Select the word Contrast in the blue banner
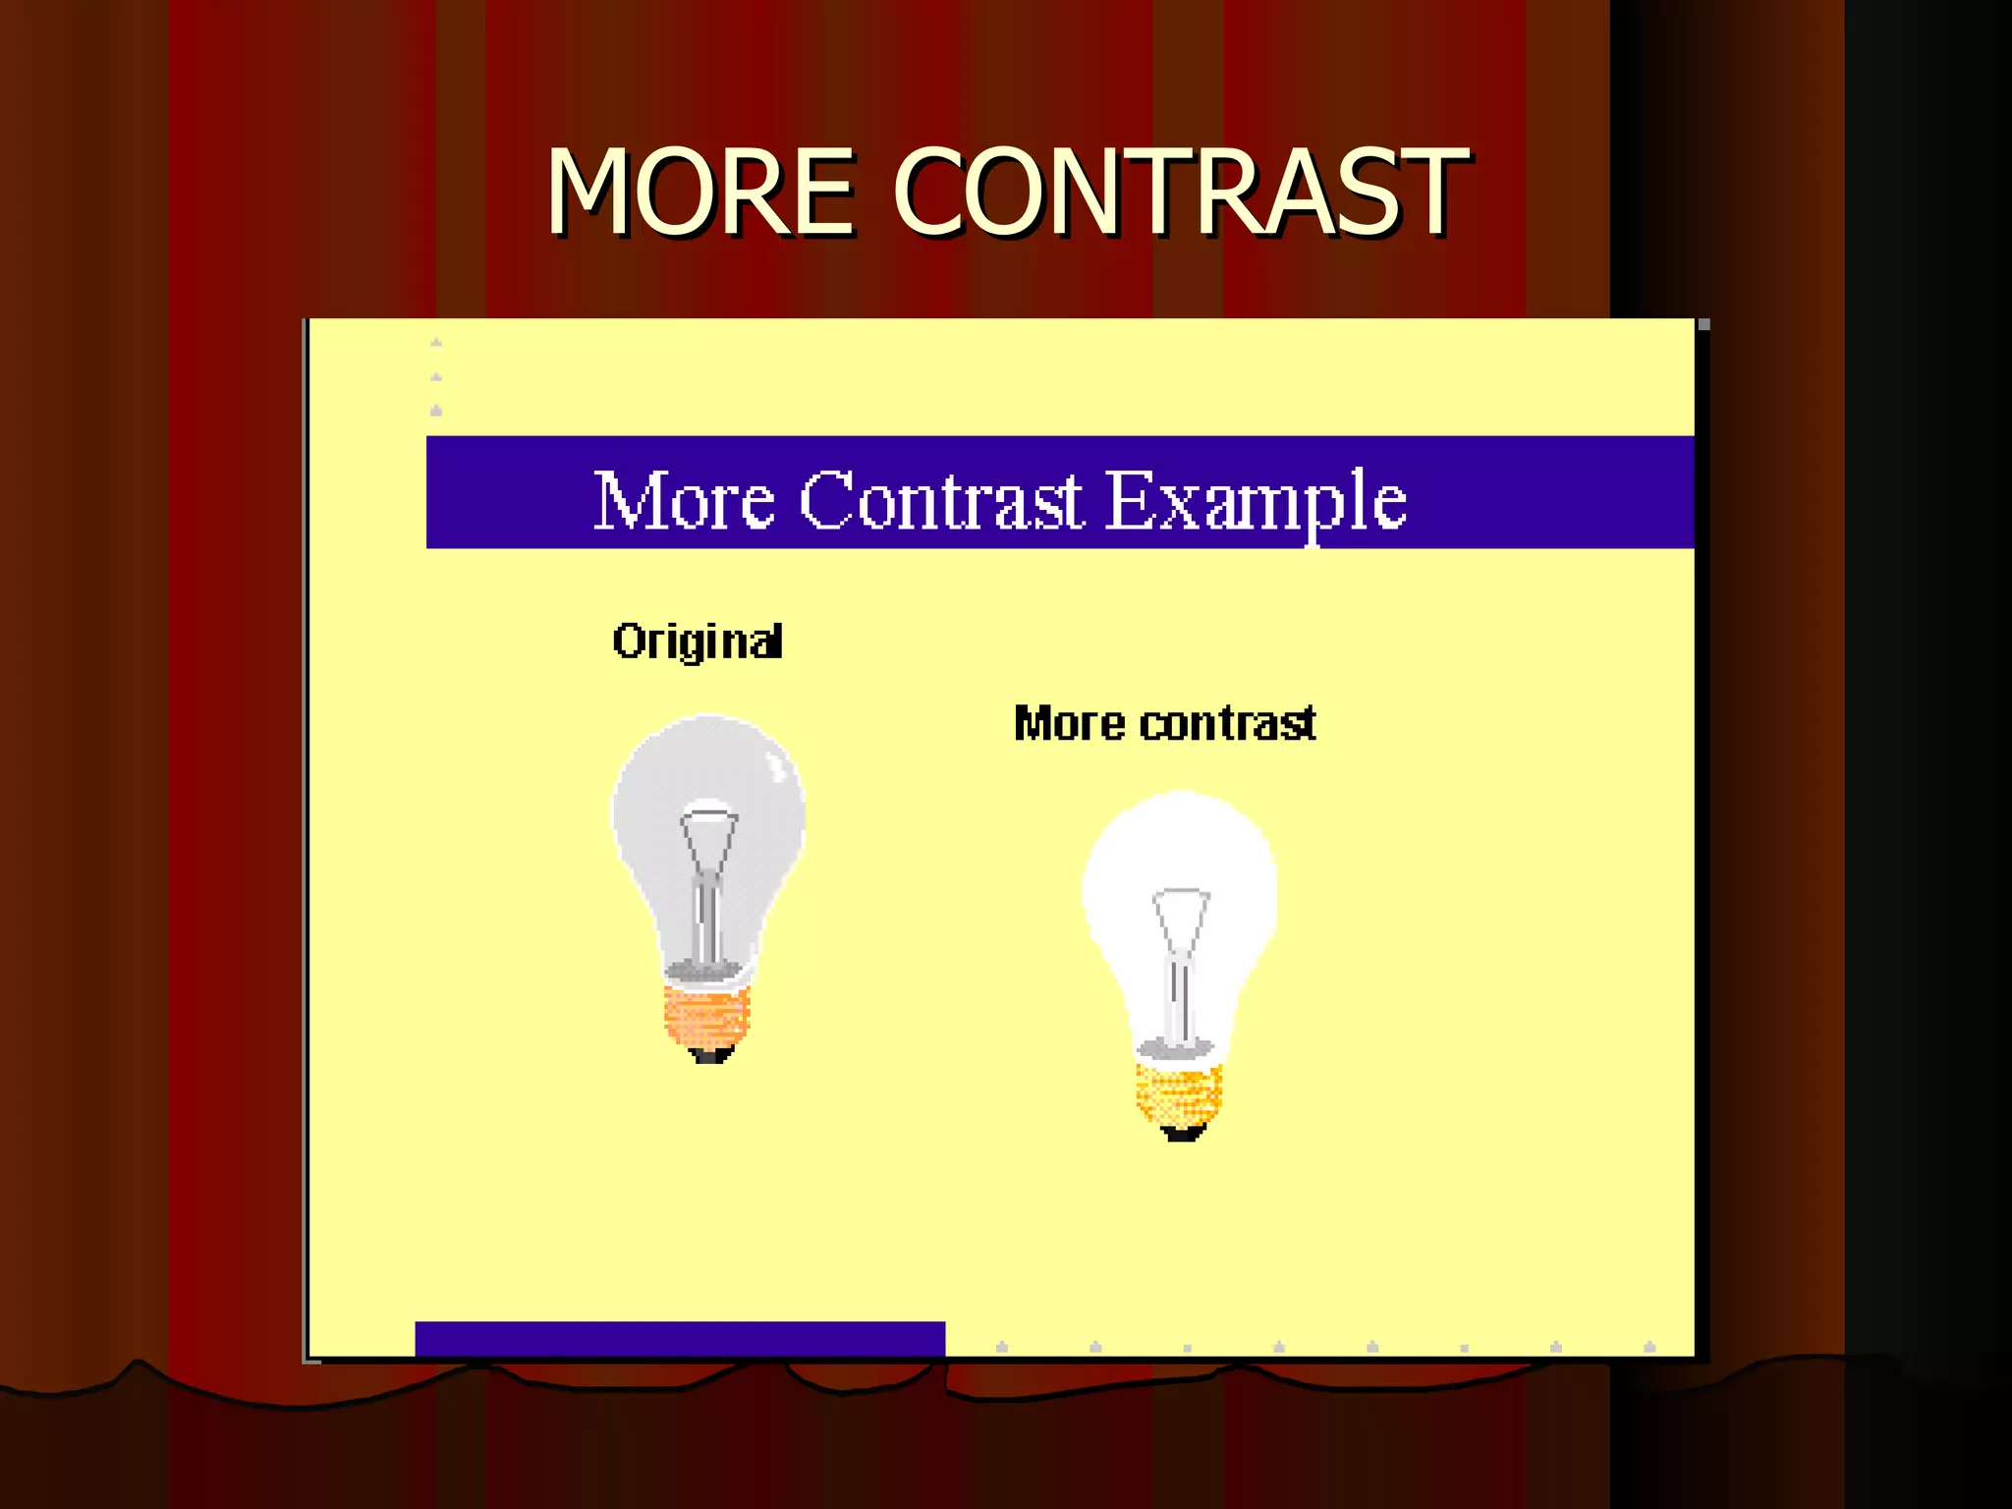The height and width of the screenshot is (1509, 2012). [x=940, y=501]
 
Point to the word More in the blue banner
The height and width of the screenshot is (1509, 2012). [x=684, y=501]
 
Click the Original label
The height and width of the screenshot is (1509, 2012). [x=698, y=643]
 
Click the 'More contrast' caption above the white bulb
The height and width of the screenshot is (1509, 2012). [x=1164, y=724]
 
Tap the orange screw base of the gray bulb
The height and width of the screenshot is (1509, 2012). [x=706, y=1017]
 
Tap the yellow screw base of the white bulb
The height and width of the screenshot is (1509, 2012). [x=1179, y=1094]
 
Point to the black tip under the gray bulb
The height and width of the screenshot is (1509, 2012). [x=709, y=1056]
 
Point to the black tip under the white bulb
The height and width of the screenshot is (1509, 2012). [x=1182, y=1134]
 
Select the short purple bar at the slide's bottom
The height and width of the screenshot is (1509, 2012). [x=680, y=1339]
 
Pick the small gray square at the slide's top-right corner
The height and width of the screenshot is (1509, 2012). [x=1705, y=324]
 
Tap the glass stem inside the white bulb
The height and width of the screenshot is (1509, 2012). [x=1179, y=1002]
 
